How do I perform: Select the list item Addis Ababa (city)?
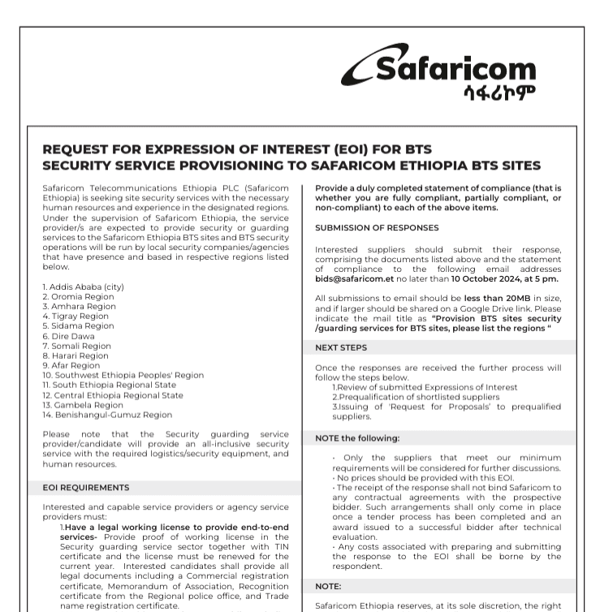click(x=83, y=287)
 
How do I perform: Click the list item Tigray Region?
click(x=75, y=316)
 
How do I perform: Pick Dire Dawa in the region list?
click(x=68, y=336)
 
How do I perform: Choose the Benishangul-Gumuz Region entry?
click(x=107, y=415)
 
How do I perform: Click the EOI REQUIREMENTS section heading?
click(x=86, y=488)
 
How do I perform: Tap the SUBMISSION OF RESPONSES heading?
click(x=377, y=228)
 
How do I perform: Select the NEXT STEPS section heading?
click(x=341, y=347)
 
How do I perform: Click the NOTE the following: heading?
click(x=357, y=438)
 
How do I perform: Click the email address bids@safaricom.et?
click(x=354, y=278)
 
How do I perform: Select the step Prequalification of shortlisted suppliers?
click(x=419, y=397)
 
